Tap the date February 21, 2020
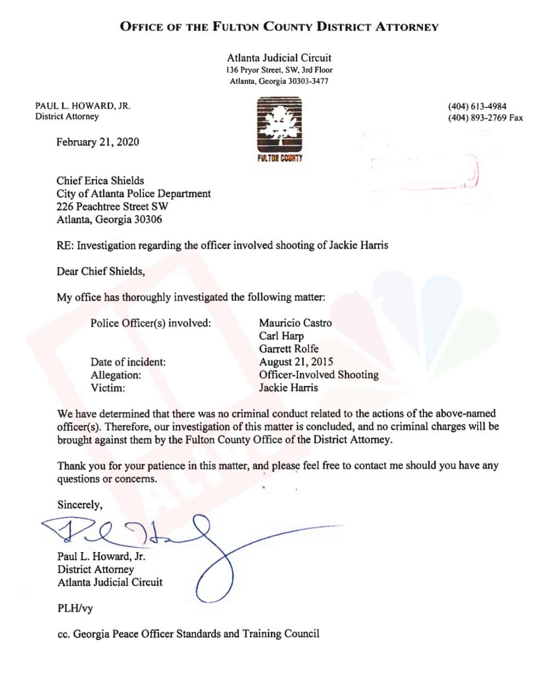click(x=97, y=142)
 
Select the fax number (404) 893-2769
click(x=485, y=118)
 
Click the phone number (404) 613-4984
click(x=477, y=106)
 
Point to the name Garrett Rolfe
click(x=289, y=349)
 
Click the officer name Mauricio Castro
click(x=295, y=323)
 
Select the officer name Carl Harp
click(x=281, y=336)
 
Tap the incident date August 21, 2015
click(x=296, y=362)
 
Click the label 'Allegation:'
click(x=116, y=375)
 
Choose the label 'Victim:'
click(x=108, y=388)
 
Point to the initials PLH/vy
click(x=75, y=608)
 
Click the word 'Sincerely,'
click(x=79, y=504)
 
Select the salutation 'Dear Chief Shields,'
click(x=101, y=272)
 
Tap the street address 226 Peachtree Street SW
click(x=112, y=207)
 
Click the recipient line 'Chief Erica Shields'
click(x=100, y=181)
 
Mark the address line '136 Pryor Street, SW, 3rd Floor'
click(x=279, y=70)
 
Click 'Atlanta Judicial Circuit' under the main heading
click(x=279, y=58)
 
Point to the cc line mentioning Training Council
click(x=188, y=634)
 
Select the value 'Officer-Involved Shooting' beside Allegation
click(x=319, y=375)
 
